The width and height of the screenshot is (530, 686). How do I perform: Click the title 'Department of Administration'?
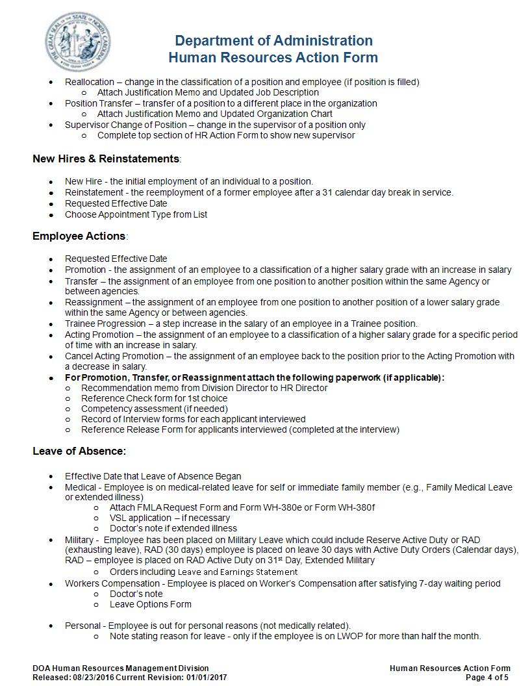coord(273,41)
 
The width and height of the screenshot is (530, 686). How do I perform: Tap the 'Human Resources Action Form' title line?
coord(273,58)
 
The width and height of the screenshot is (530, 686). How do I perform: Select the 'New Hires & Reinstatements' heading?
coord(106,159)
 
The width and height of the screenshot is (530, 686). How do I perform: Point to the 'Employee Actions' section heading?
coord(79,236)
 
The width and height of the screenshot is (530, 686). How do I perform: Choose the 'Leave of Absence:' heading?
coord(79,451)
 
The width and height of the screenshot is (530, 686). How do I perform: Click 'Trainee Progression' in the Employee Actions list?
coord(105,324)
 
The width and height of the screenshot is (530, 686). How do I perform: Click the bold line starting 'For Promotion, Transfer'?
coord(255,377)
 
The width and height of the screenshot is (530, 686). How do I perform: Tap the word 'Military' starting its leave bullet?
coord(79,540)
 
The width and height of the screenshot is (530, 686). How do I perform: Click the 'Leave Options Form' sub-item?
coord(150,604)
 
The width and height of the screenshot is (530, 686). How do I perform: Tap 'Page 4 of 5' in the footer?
coord(488,678)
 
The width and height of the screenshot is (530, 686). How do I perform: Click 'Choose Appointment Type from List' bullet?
coord(136,214)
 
